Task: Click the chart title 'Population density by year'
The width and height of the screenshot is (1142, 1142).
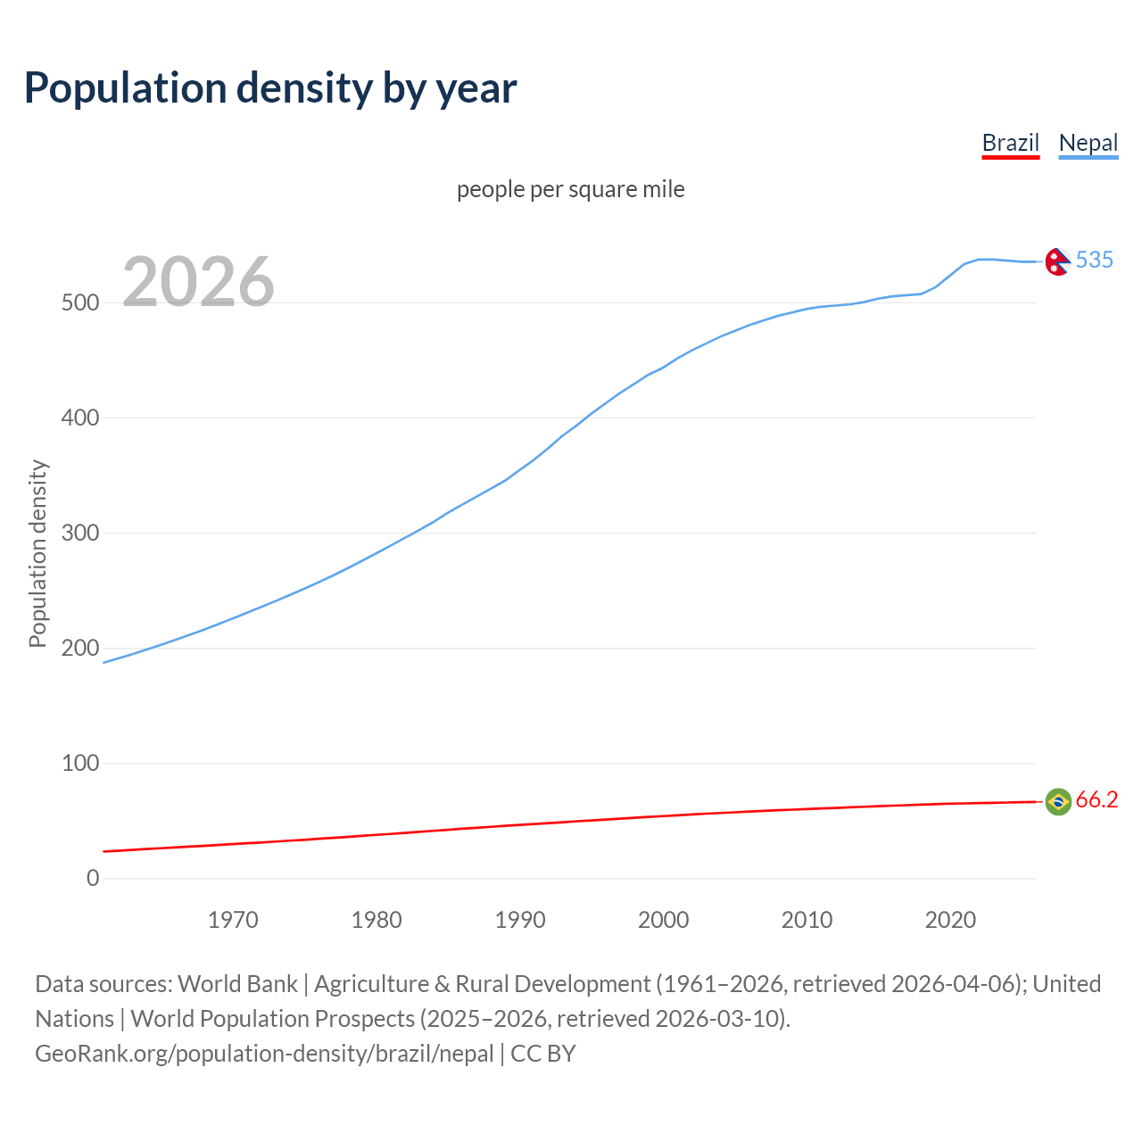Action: [x=270, y=87]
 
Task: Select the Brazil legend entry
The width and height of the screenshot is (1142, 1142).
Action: [x=1010, y=143]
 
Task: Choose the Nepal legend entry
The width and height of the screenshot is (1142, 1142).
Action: [x=1088, y=143]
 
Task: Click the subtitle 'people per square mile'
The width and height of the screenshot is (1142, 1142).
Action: [x=570, y=189]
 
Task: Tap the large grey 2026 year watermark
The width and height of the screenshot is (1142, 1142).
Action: [x=198, y=282]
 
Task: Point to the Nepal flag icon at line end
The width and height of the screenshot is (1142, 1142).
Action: [x=1057, y=261]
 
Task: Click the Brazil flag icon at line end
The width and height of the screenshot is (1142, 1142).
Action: [x=1057, y=801]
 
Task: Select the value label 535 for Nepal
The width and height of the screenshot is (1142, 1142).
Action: [x=1094, y=260]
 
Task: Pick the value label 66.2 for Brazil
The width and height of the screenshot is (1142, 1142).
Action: [x=1096, y=799]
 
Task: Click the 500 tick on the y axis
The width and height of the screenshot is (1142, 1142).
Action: [x=79, y=302]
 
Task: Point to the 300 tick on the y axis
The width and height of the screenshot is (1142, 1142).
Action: [x=79, y=533]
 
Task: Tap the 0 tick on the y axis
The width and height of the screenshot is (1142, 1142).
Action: [x=93, y=878]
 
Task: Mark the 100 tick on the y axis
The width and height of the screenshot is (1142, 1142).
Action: [x=79, y=763]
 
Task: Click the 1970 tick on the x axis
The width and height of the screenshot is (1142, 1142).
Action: [x=233, y=920]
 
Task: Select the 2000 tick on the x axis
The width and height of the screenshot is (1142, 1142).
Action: [x=663, y=920]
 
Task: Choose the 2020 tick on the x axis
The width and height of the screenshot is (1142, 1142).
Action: [x=950, y=920]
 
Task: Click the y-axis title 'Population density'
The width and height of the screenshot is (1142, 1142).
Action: [x=37, y=553]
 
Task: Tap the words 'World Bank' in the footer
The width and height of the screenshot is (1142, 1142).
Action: [x=237, y=983]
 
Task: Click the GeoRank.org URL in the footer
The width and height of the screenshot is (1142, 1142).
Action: [x=264, y=1053]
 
